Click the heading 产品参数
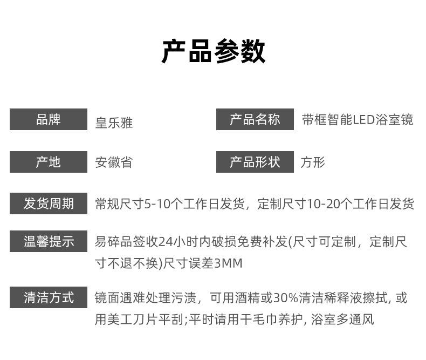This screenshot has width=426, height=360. (213, 52)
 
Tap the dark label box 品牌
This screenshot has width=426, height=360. (48, 119)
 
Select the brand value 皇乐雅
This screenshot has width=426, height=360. (113, 123)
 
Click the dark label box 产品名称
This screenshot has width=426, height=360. (255, 119)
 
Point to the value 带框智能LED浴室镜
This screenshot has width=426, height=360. (358, 120)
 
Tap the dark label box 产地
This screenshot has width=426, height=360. (48, 162)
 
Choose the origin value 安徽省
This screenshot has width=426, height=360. (113, 162)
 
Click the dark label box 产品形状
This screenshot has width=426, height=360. (255, 162)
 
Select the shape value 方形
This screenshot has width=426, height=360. (313, 162)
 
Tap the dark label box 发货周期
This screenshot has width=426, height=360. (48, 203)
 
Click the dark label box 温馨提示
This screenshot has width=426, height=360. (48, 241)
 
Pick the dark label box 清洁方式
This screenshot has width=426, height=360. (48, 297)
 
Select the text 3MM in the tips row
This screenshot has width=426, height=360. (229, 263)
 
